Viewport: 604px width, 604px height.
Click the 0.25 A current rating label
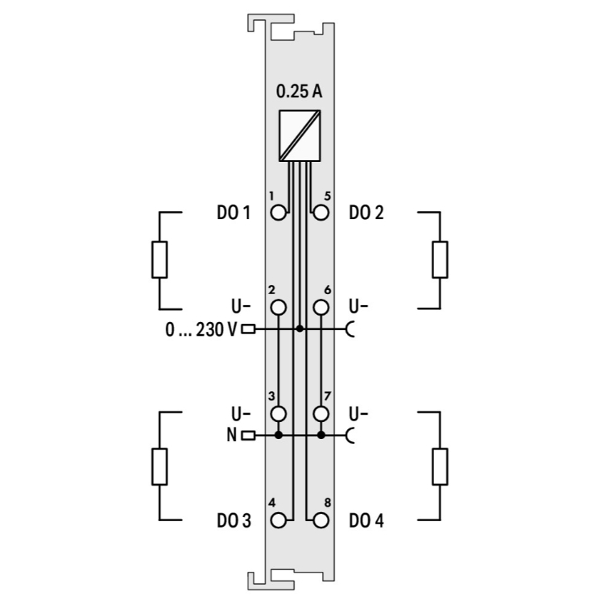pos(299,91)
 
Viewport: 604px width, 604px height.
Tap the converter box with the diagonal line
pos(300,135)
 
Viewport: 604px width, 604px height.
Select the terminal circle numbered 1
pos(279,213)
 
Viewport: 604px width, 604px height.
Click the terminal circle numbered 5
pos(321,213)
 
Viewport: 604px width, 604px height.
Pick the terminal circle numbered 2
pos(279,308)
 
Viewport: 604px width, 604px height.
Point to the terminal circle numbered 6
pos(321,308)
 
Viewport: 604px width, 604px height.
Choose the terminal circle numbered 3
pos(279,414)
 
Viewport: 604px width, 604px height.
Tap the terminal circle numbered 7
pos(321,414)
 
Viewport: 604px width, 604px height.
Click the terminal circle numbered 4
pos(279,520)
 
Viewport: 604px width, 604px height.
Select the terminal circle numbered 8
pos(321,520)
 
